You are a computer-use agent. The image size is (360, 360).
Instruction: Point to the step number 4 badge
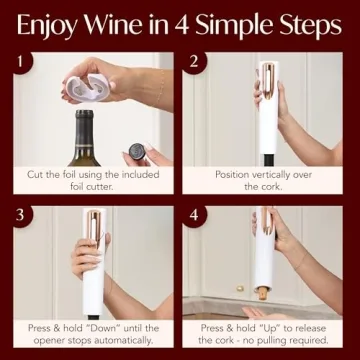pos(196,216)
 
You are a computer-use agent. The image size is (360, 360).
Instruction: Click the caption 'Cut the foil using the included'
pos(91,174)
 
